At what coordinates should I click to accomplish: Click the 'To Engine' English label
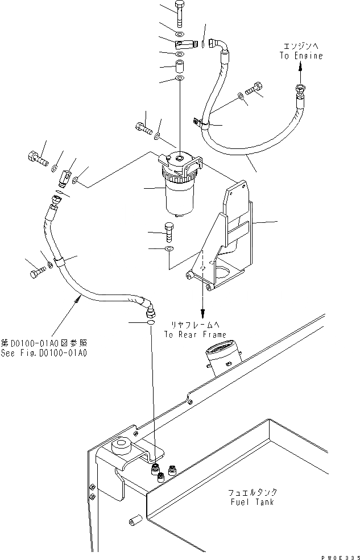pyautogui.click(x=301, y=56)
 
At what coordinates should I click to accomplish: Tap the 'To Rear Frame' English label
pyautogui.click(x=195, y=334)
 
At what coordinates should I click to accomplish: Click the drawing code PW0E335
pyautogui.click(x=337, y=554)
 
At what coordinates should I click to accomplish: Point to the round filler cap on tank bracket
pyautogui.click(x=122, y=446)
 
